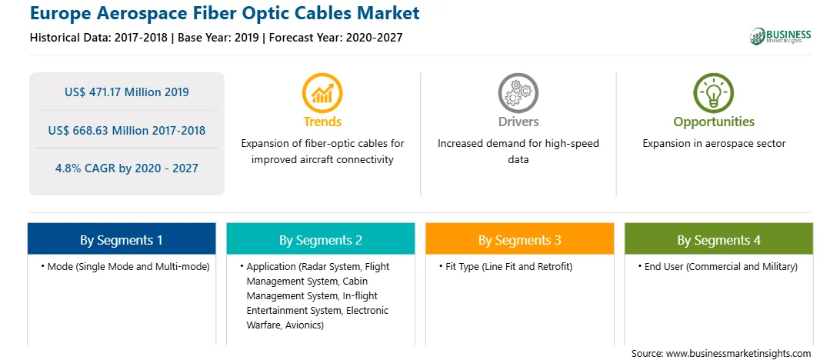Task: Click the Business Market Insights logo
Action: click(781, 36)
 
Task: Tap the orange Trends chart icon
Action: click(322, 93)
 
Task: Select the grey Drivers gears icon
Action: click(518, 93)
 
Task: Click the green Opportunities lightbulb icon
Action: click(714, 93)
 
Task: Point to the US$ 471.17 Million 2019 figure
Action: click(126, 92)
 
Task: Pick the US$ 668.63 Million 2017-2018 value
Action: click(126, 130)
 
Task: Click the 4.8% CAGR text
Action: click(126, 168)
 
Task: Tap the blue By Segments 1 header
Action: click(122, 239)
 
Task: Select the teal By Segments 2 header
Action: click(320, 239)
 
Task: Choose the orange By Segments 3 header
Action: click(520, 239)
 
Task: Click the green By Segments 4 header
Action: click(719, 239)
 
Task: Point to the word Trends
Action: click(322, 122)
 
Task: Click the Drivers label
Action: click(518, 122)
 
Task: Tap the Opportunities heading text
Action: click(714, 122)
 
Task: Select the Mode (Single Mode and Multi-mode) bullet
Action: click(125, 266)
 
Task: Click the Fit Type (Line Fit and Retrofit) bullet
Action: click(505, 266)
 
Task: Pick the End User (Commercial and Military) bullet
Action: click(718, 266)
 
